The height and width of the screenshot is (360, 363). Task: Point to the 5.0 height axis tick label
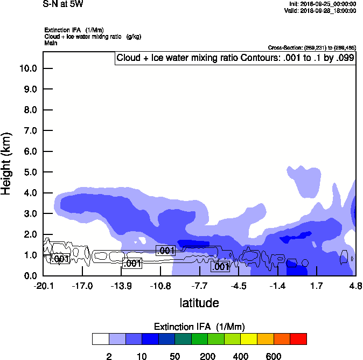pos(30,172)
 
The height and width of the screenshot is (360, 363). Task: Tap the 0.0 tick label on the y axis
pos(30,276)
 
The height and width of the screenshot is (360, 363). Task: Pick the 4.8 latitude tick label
pos(355,286)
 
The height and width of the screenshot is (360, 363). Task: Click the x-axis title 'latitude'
pos(199,302)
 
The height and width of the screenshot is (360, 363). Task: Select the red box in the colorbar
pos(298,338)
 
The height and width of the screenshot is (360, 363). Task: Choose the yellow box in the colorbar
pos(249,338)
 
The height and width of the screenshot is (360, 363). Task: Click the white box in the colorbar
pos(101,338)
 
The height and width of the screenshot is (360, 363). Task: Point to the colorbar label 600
pos(274,356)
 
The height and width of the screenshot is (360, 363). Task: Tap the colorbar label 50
pos(175,356)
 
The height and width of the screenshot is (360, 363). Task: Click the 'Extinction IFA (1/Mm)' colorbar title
pos(200,327)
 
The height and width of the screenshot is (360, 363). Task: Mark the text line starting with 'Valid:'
pos(320,10)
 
